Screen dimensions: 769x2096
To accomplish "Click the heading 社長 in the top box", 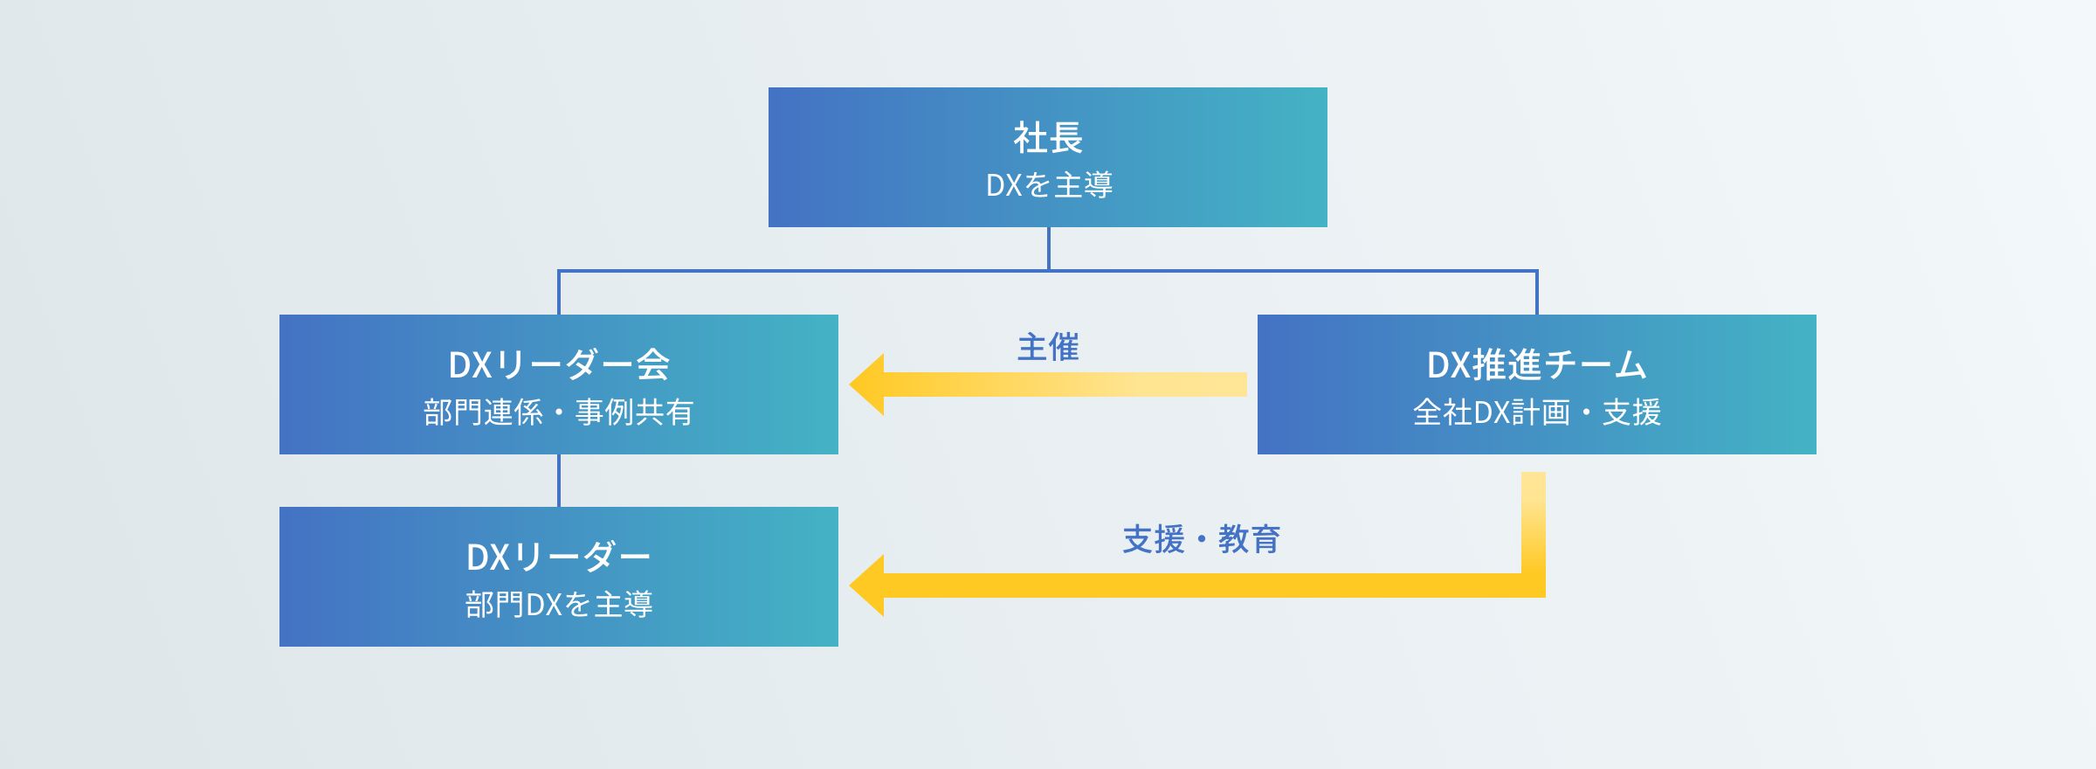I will coord(1048,138).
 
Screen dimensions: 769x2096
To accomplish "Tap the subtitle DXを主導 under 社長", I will coord(1048,185).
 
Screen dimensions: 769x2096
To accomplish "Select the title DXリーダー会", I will coord(559,365).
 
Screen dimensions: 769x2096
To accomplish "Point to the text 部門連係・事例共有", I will coord(559,412).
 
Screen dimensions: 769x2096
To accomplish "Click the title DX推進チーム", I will coord(1537,365).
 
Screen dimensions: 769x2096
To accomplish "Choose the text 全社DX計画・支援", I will coord(1537,412).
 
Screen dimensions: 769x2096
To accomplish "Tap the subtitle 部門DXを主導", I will coord(559,605).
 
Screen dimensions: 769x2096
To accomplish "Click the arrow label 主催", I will coord(1048,348).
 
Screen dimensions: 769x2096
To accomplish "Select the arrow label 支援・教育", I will coord(1201,540).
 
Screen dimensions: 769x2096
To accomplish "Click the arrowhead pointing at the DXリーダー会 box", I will coord(868,384).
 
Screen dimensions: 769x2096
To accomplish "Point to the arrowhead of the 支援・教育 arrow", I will coord(868,585).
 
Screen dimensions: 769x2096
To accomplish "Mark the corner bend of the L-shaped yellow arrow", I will coord(1533,585).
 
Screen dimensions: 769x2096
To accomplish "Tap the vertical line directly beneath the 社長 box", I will coord(1048,248).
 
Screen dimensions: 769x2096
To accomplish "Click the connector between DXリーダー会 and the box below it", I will coord(559,481).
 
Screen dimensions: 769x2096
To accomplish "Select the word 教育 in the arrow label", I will coord(1249,540).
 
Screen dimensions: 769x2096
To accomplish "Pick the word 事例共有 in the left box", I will coord(635,412).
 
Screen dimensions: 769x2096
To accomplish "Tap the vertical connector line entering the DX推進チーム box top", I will coord(1536,294).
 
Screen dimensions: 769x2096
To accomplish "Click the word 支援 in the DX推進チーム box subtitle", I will coord(1631,412).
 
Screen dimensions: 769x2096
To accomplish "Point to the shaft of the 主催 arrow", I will coord(1065,384).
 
